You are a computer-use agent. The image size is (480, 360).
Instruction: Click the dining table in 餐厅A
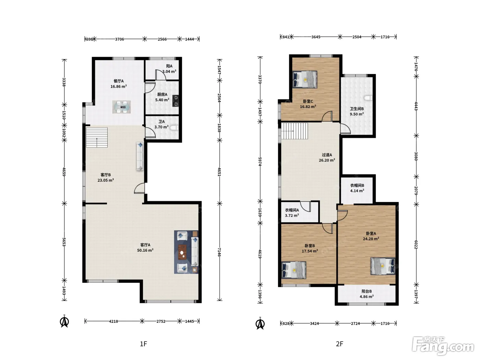tap(122, 107)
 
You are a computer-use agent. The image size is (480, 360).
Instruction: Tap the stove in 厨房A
tap(176, 101)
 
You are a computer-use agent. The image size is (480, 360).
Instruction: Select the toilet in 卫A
tap(175, 128)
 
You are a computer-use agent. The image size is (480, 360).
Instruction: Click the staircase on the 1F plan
tap(97, 137)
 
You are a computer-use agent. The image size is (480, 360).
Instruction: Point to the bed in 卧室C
tap(305, 80)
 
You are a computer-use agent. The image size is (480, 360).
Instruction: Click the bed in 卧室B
tap(294, 270)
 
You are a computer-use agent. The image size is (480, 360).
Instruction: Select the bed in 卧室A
tap(383, 266)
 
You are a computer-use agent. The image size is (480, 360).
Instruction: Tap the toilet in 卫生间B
tap(369, 98)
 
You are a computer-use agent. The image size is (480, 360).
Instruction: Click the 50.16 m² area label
tap(145, 250)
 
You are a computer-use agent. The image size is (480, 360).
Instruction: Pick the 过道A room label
tap(327, 155)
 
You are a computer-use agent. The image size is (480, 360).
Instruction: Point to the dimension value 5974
tap(260, 161)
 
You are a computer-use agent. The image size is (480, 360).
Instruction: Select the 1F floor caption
tap(143, 344)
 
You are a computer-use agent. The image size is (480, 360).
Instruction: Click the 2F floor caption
tap(339, 344)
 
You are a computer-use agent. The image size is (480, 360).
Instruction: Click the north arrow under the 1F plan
tap(64, 321)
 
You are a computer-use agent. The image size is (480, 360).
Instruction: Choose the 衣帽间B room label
tap(357, 185)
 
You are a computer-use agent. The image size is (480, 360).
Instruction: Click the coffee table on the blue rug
tap(182, 252)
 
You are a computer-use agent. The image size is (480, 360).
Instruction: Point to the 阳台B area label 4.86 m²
tap(367, 297)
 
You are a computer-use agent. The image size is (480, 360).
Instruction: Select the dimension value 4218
tap(113, 321)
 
